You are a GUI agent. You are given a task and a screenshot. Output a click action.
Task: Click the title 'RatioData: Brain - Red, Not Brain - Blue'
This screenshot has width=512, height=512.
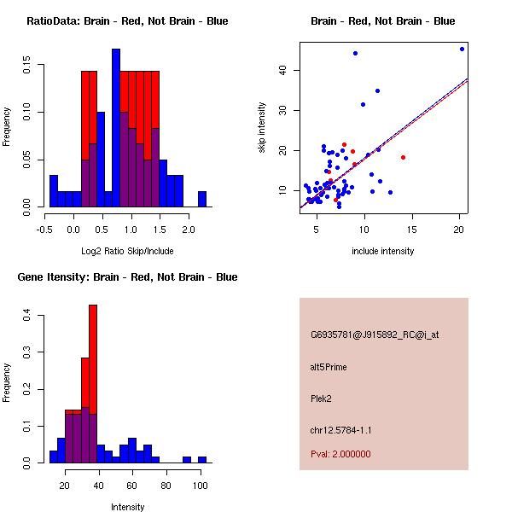(x=127, y=21)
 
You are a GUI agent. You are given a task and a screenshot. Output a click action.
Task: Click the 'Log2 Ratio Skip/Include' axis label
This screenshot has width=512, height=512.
(x=127, y=251)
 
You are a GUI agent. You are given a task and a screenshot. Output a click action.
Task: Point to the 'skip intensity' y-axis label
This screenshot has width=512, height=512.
(x=262, y=128)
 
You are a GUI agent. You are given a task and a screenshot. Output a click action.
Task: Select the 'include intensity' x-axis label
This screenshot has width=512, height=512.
(x=383, y=251)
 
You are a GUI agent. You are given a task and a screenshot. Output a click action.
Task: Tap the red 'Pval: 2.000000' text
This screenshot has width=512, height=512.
(x=340, y=454)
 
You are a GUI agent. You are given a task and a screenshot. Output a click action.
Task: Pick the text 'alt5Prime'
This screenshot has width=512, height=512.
(x=329, y=367)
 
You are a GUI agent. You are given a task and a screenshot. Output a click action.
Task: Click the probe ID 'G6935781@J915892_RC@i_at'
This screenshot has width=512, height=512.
(x=375, y=335)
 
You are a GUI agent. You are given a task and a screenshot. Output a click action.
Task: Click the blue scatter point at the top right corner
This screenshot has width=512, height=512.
(x=462, y=49)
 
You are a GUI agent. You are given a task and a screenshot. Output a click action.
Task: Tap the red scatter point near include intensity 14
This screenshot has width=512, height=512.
(x=403, y=157)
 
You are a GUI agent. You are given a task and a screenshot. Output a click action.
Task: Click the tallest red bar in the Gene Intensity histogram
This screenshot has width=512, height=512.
(x=93, y=341)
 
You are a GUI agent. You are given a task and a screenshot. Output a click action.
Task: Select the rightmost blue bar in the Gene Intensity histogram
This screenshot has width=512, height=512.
(x=202, y=459)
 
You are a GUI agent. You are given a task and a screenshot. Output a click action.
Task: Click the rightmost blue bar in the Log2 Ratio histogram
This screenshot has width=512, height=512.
(x=202, y=199)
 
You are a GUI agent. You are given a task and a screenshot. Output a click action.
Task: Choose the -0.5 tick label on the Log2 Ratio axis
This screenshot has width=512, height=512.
(x=44, y=230)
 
